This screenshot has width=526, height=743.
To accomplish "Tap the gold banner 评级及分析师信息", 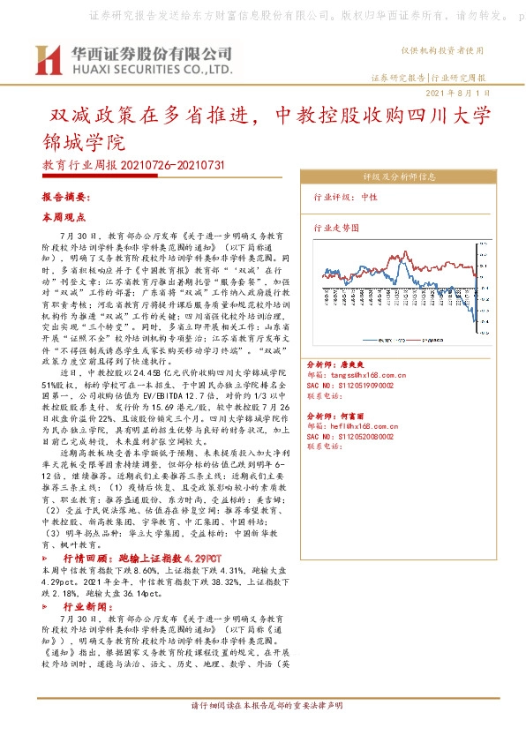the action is point(393,176).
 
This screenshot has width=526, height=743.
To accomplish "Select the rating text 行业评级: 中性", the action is point(345,198).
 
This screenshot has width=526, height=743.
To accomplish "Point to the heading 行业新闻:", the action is point(87,607).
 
